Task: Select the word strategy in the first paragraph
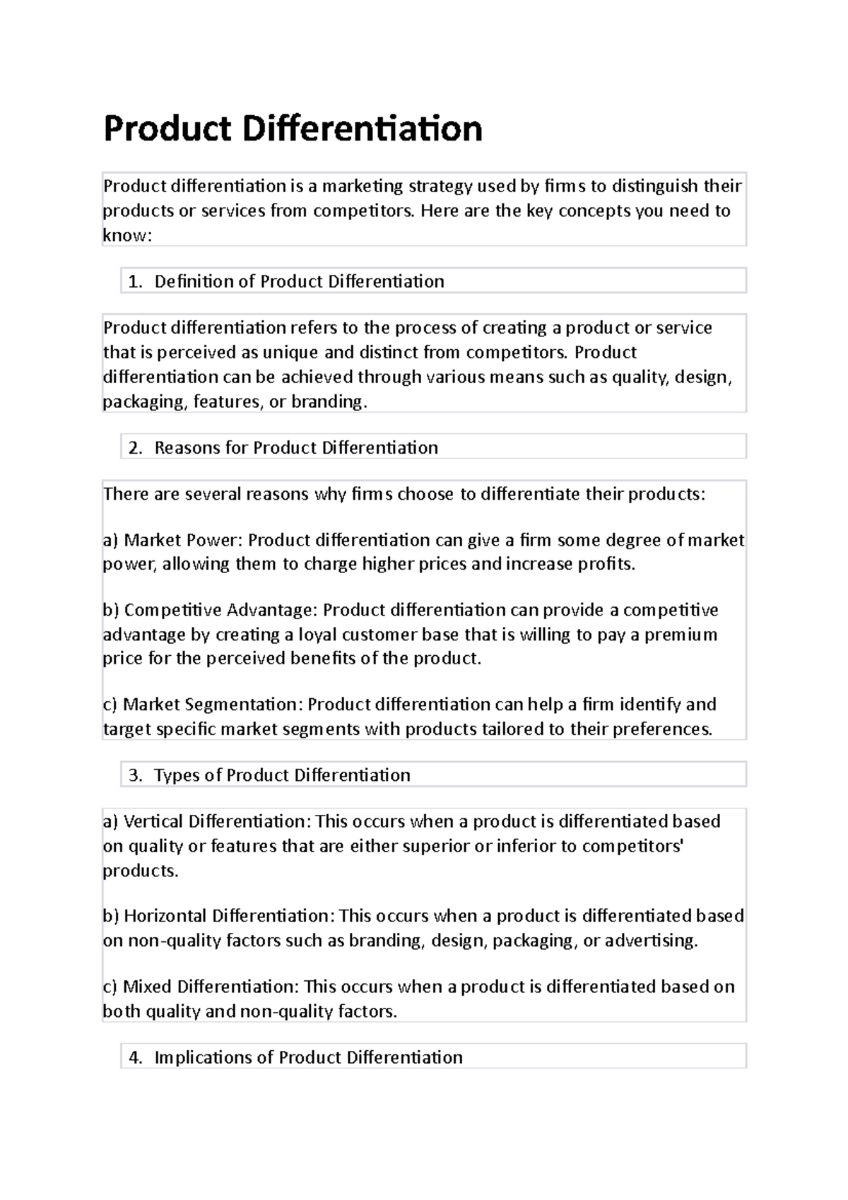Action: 440,187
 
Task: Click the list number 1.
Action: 135,282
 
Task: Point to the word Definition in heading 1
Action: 194,282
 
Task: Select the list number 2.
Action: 135,448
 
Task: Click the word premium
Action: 682,635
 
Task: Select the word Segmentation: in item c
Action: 243,705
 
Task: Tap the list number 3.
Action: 135,775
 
